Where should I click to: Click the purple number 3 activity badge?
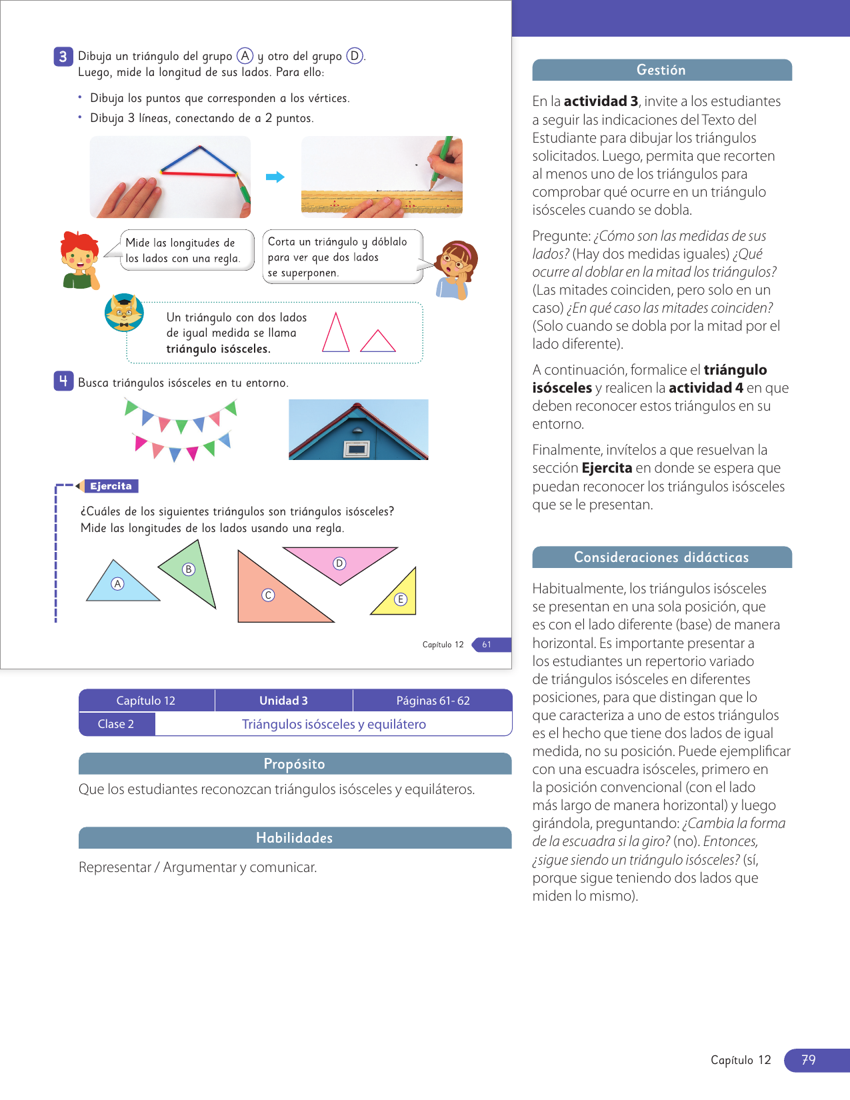pos(63,56)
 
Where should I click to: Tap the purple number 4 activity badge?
pos(63,381)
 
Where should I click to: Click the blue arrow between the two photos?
pos(275,177)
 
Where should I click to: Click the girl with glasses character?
pos(455,269)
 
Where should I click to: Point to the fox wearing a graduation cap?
pos(124,313)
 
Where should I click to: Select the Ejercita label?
pos(111,486)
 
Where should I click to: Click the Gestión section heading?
pos(661,70)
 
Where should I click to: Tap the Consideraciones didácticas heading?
pos(661,557)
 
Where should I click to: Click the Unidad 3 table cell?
pos(283,701)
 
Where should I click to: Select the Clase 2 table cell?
pos(116,724)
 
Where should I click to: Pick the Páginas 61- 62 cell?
pos(433,701)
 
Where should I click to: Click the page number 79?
pos(809,1060)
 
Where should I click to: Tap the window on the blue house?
pos(356,449)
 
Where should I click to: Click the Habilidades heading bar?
pos(295,838)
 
